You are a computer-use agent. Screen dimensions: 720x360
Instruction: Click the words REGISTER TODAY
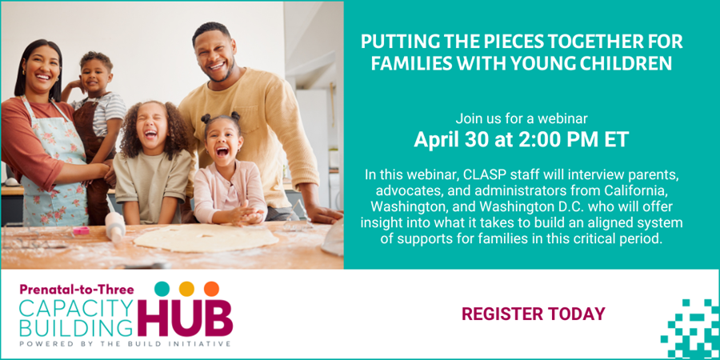(x=533, y=314)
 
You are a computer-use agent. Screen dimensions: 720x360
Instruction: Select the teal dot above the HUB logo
(x=162, y=289)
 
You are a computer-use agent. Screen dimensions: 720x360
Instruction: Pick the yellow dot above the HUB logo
(x=186, y=289)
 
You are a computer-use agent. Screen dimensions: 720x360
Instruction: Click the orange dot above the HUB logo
(x=212, y=289)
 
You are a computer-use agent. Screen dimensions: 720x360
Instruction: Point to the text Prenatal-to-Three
(x=77, y=290)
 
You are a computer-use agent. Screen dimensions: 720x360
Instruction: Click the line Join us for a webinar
(x=522, y=119)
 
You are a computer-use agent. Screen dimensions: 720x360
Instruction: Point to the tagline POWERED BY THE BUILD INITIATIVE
(x=124, y=344)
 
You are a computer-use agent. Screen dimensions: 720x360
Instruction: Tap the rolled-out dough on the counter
(x=206, y=237)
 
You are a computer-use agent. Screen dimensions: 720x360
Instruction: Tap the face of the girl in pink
(x=222, y=140)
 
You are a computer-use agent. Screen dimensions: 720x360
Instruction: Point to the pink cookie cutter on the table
(x=82, y=230)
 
